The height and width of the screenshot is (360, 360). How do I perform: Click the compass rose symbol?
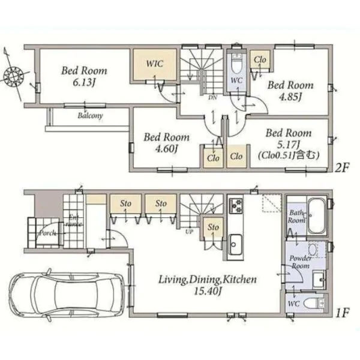(x=14, y=75)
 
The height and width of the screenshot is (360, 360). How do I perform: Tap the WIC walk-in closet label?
(x=155, y=64)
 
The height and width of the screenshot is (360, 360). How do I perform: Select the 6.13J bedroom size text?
(x=84, y=82)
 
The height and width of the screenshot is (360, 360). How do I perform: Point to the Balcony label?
(x=90, y=115)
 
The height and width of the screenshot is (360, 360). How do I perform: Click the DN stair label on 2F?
(x=212, y=98)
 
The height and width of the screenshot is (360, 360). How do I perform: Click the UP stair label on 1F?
(x=189, y=232)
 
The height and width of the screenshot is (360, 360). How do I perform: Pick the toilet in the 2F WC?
(x=236, y=63)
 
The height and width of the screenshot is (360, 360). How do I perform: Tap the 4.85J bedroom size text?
(x=290, y=97)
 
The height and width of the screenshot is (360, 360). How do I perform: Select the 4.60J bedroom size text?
(x=166, y=149)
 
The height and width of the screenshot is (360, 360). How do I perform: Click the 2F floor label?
(x=342, y=167)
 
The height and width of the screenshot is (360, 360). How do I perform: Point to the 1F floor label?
(x=343, y=313)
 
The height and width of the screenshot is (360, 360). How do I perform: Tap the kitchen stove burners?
(x=236, y=206)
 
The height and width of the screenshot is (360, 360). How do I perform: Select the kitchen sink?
(x=235, y=244)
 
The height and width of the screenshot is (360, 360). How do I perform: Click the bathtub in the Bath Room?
(x=316, y=215)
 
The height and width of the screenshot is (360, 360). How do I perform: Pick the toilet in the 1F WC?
(x=313, y=304)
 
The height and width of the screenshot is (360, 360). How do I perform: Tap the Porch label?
(x=47, y=233)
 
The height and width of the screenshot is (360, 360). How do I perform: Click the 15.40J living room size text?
(x=208, y=292)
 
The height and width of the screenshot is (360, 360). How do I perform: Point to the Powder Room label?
(x=301, y=262)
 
